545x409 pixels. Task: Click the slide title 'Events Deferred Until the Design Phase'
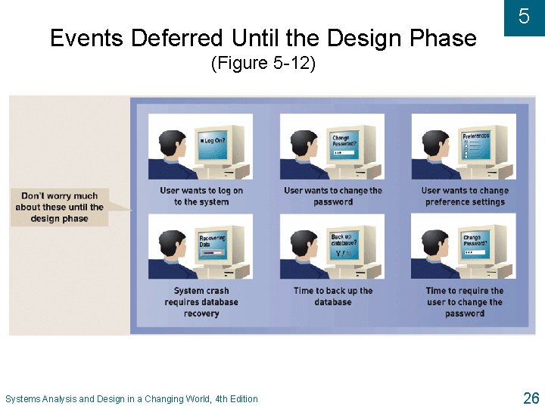(x=263, y=38)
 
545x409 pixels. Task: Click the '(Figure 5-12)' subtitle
(x=263, y=64)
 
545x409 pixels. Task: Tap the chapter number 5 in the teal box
(x=524, y=17)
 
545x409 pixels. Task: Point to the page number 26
(x=531, y=398)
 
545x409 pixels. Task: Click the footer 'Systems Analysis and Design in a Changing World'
(x=131, y=399)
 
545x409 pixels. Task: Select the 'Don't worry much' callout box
(x=60, y=207)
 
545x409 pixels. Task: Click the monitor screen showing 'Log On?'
(x=213, y=144)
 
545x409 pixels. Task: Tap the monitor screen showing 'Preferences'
(x=475, y=144)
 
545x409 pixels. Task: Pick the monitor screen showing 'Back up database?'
(x=344, y=244)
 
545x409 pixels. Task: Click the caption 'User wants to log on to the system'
(x=201, y=196)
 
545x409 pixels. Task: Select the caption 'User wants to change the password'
(x=333, y=196)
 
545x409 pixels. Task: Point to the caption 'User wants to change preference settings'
(x=465, y=196)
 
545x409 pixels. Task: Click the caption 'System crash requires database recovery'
(x=201, y=301)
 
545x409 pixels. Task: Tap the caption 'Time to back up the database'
(x=333, y=296)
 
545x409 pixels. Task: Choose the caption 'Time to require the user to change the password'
(x=465, y=301)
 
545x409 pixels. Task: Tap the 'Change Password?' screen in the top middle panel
(x=344, y=145)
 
